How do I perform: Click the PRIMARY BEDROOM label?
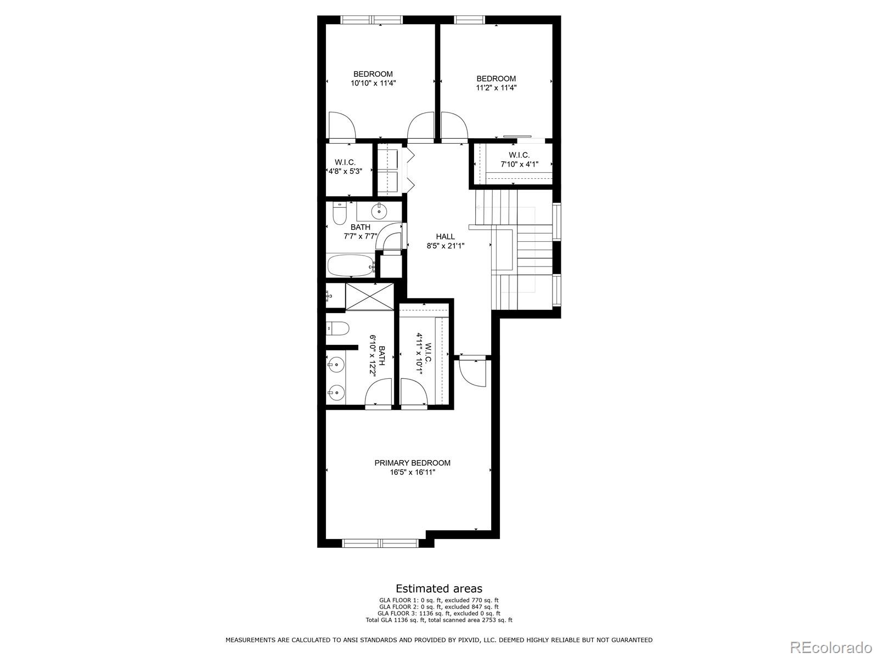412,463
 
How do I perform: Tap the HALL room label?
445,236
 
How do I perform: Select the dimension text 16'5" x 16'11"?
412,472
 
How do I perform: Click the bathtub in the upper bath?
351,266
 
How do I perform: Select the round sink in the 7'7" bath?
378,210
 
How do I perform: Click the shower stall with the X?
369,296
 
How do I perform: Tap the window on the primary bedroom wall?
380,543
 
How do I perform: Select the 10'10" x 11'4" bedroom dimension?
373,83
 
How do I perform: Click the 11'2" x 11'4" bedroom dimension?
496,88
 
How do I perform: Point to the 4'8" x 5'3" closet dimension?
345,171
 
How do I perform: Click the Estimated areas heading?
439,589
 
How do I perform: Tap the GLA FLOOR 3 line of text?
439,614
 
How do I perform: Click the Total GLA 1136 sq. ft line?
439,620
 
